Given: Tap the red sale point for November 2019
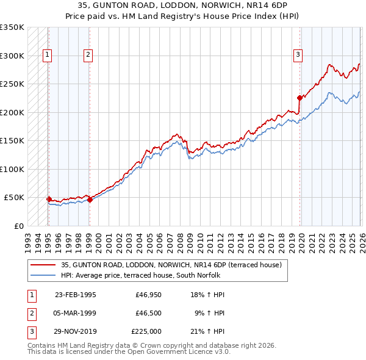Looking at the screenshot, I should (x=300, y=98).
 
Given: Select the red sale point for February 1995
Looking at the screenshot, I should (x=49, y=199).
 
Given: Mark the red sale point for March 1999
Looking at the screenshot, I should (x=90, y=199).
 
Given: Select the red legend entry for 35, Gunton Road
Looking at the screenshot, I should (x=171, y=265).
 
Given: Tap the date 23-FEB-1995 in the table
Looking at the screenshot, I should (x=76, y=295).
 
